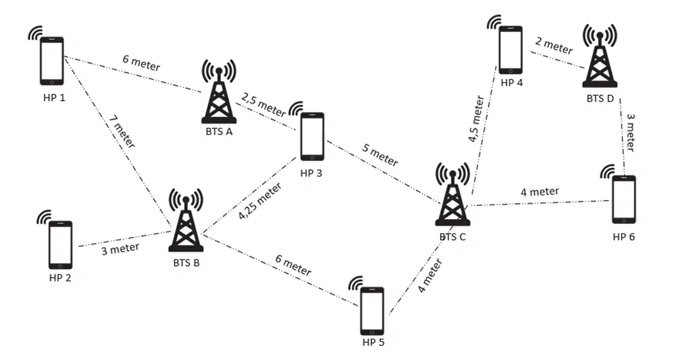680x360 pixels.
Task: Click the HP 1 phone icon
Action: click(52, 61)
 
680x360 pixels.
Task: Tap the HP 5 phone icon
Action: click(372, 311)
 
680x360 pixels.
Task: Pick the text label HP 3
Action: click(311, 173)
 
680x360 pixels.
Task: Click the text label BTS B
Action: click(186, 263)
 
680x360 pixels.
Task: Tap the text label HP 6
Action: click(623, 237)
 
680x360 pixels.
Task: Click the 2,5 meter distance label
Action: click(264, 105)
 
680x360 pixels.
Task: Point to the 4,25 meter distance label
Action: click(260, 201)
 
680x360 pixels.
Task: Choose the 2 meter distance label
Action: click(554, 45)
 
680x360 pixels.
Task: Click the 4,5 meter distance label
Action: click(476, 119)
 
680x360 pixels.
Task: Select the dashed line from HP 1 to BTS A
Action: click(133, 74)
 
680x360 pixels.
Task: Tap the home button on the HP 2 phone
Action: click(60, 265)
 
